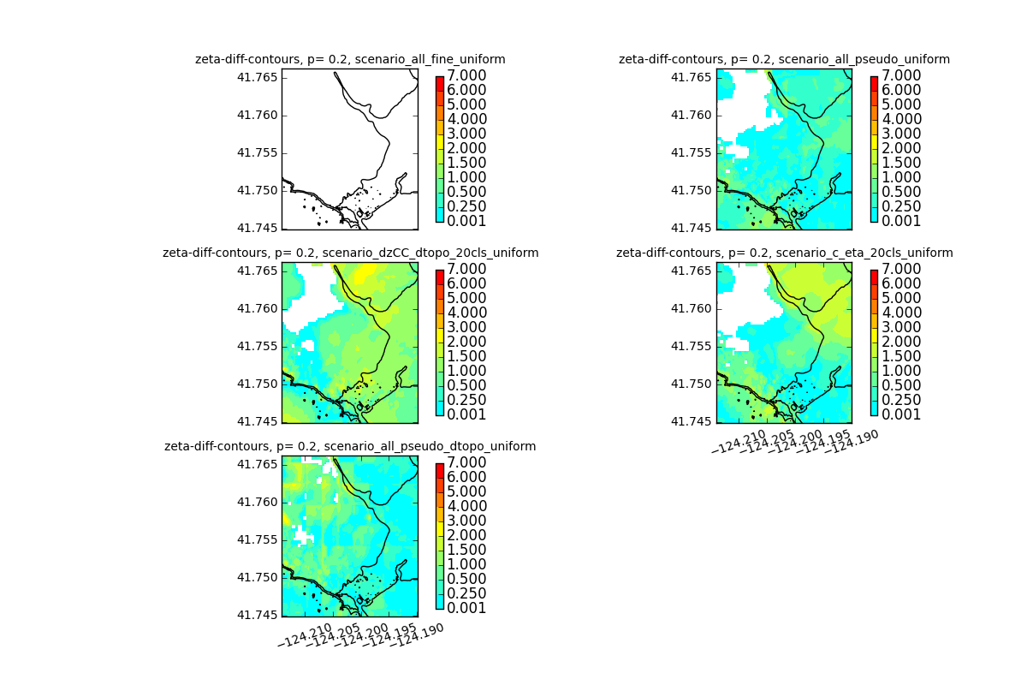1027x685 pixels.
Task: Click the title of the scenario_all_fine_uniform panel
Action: click(350, 59)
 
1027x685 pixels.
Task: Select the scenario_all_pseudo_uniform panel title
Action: click(784, 59)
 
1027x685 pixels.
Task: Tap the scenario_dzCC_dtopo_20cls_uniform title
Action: click(350, 253)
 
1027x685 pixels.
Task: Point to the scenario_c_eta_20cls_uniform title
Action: click(784, 253)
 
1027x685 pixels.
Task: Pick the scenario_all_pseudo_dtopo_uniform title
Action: click(350, 446)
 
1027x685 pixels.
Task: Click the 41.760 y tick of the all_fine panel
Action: click(257, 115)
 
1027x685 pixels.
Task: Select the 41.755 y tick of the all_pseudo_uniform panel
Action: click(692, 152)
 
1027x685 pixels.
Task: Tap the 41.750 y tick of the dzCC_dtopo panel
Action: click(257, 384)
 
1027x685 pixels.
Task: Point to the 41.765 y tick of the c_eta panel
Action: click(692, 271)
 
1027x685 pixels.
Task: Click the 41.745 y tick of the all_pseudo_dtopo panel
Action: click(257, 615)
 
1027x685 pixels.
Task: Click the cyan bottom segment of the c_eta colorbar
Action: click(874, 407)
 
